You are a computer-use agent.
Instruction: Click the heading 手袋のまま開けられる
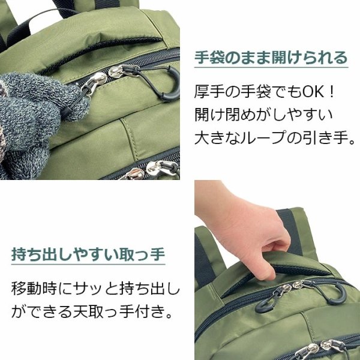click(x=271, y=58)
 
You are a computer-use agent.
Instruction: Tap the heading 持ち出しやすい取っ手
click(x=88, y=254)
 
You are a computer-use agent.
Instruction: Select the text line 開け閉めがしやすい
click(x=263, y=115)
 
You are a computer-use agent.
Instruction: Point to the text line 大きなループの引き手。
click(x=275, y=138)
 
